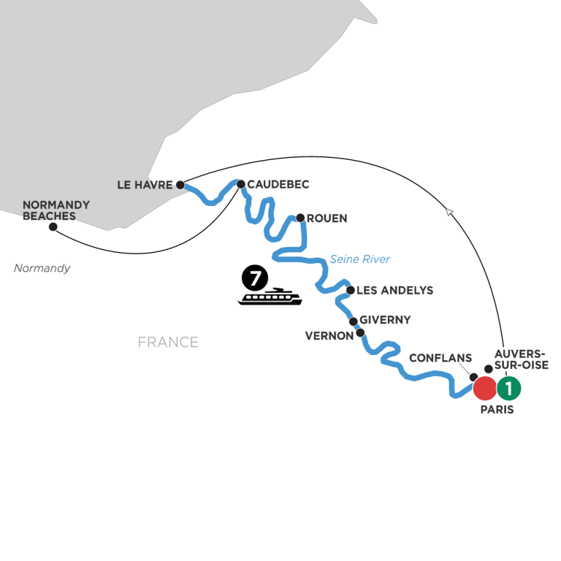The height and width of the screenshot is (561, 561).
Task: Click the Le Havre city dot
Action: (x=180, y=185)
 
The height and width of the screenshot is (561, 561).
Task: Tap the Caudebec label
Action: (x=278, y=184)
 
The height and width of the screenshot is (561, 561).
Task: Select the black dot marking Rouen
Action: (x=300, y=218)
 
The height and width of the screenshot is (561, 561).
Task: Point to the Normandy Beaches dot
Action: (x=53, y=227)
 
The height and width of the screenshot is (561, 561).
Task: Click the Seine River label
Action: (x=359, y=259)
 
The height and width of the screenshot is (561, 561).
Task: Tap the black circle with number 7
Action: (x=255, y=278)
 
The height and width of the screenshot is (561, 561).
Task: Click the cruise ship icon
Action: (x=270, y=297)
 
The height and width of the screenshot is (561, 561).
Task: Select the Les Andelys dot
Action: (x=351, y=290)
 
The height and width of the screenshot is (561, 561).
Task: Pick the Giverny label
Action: (x=385, y=319)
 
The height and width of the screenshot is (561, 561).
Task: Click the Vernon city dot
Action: (x=360, y=333)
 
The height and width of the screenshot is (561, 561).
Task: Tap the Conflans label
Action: (x=440, y=358)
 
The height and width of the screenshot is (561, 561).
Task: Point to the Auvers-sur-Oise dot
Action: (x=489, y=369)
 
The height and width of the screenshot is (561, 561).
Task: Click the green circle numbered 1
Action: (x=508, y=388)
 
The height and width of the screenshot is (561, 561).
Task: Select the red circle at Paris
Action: (x=485, y=388)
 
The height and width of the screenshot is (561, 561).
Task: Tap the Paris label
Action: (x=497, y=410)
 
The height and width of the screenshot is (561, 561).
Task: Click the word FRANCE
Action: (x=168, y=342)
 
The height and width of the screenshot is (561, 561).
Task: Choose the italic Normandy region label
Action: (x=42, y=268)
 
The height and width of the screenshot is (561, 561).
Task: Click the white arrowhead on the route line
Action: (x=449, y=211)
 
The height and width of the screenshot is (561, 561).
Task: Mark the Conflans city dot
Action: (x=473, y=377)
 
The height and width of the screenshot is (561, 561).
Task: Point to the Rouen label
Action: (x=327, y=218)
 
